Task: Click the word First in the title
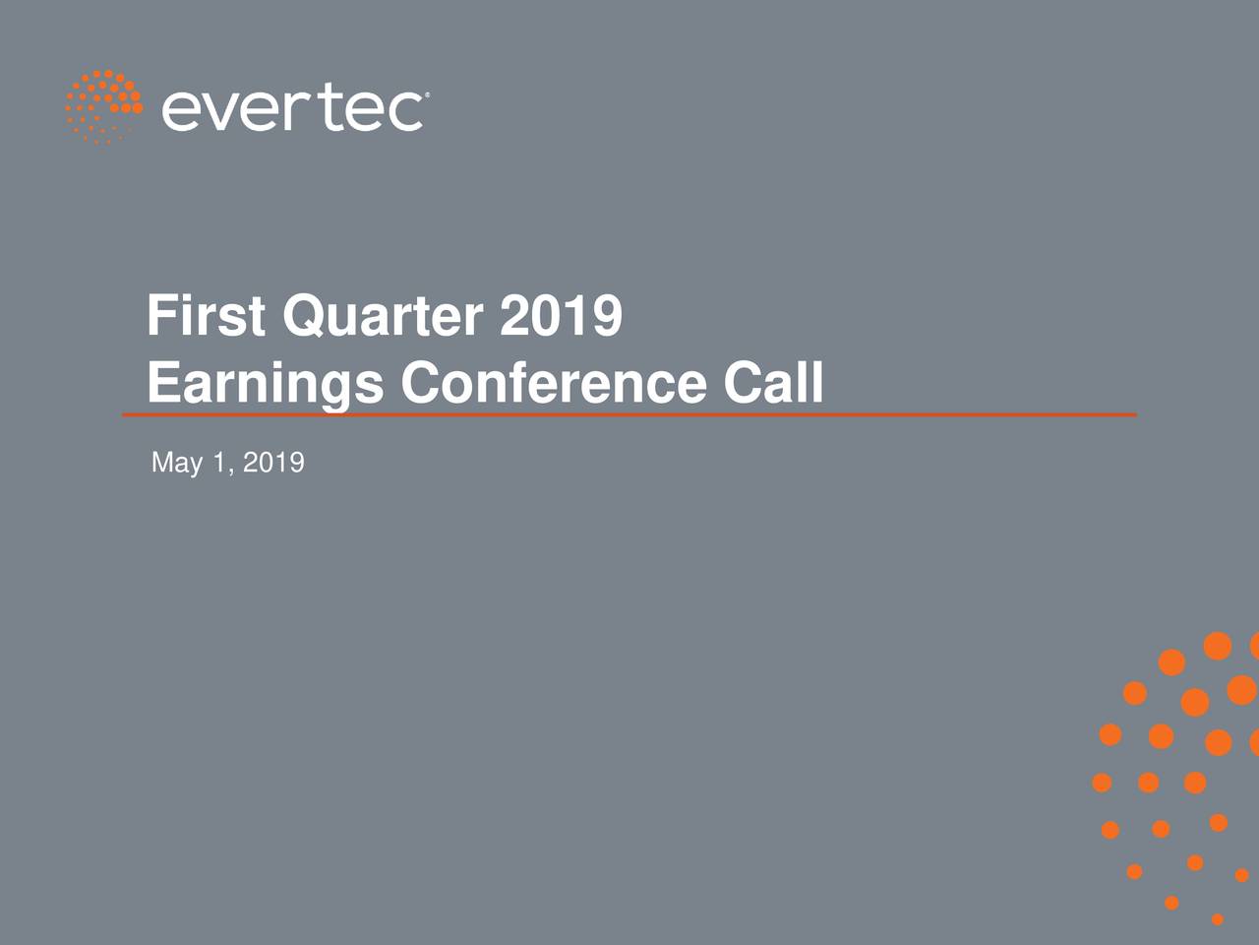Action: pos(206,316)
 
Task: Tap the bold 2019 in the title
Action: pos(561,316)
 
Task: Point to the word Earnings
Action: pos(265,383)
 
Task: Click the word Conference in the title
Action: pos(553,383)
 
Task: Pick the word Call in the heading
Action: pos(773,383)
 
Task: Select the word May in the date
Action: pos(177,463)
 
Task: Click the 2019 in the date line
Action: pos(273,463)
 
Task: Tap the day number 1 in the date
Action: pos(219,463)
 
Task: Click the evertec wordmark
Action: pos(293,108)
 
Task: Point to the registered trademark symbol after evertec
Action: pos(425,95)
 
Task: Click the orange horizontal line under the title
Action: pos(629,415)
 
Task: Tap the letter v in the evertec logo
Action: pos(221,111)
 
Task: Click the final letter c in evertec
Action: pos(404,111)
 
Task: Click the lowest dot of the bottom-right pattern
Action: pos(1217,919)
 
